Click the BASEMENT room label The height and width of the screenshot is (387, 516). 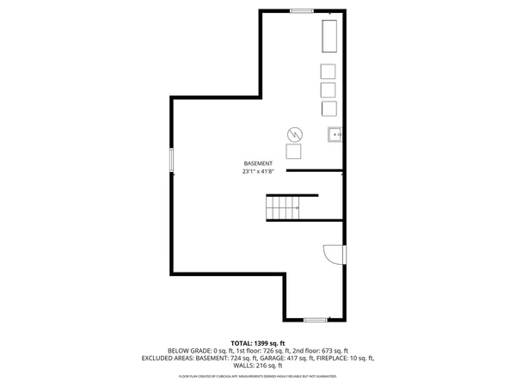pyautogui.click(x=258, y=163)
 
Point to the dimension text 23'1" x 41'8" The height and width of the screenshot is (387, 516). pyautogui.click(x=258, y=172)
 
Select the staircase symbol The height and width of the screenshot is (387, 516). pyautogui.click(x=282, y=207)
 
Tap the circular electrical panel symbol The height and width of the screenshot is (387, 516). pyautogui.click(x=295, y=135)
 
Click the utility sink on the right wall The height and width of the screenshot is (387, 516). pyautogui.click(x=335, y=134)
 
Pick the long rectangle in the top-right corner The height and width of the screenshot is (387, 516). pyautogui.click(x=329, y=37)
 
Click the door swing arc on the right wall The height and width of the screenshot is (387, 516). pyautogui.click(x=332, y=255)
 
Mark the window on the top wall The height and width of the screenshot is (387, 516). pyautogui.click(x=301, y=10)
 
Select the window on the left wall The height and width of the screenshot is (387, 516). pyautogui.click(x=172, y=160)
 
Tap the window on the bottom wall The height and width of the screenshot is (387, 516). pyautogui.click(x=316, y=320)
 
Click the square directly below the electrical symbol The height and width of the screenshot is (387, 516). pyautogui.click(x=294, y=152)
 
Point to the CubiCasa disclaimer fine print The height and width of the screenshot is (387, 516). pyautogui.click(x=258, y=376)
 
